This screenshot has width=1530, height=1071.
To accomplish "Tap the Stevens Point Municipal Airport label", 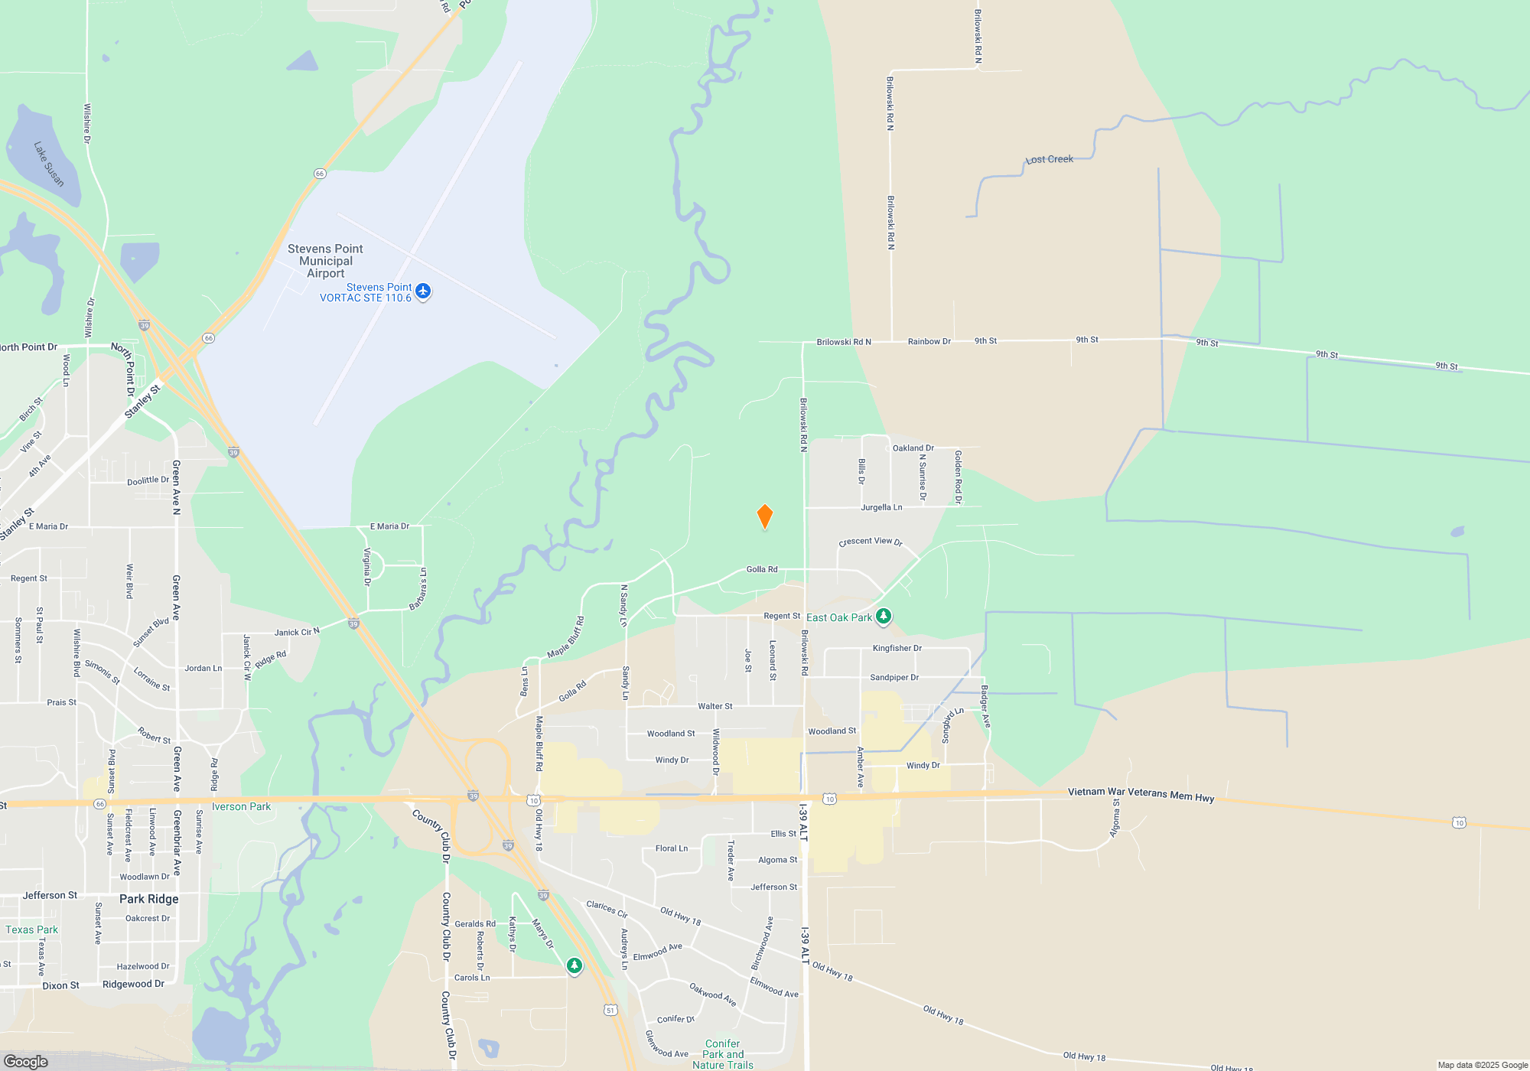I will click(325, 261).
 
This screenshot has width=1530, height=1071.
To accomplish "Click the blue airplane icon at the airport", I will click(423, 291).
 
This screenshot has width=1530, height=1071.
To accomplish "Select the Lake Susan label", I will click(49, 164).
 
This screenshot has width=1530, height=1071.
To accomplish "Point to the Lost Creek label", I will click(1050, 159).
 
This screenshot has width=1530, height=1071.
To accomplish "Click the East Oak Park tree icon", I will click(884, 616).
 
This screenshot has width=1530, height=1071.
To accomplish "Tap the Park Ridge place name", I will click(148, 899).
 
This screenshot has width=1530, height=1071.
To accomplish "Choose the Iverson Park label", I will click(241, 806).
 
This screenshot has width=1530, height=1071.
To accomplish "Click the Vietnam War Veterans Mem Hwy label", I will click(1141, 794).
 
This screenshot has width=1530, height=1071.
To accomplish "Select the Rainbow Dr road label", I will click(929, 341).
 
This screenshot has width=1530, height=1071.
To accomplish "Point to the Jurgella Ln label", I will click(881, 507).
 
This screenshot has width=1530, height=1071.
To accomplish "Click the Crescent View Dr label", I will click(871, 542).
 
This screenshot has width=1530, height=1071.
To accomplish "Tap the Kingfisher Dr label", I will click(897, 648).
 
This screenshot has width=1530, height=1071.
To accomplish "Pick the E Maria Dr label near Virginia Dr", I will click(389, 526).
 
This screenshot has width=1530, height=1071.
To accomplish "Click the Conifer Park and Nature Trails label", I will click(723, 1053).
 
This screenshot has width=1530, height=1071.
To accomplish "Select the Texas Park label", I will click(31, 929).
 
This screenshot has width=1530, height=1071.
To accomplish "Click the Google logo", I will click(25, 1061).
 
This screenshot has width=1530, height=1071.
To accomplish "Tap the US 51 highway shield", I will click(610, 1010).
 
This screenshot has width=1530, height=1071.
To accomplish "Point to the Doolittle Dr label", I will click(148, 480).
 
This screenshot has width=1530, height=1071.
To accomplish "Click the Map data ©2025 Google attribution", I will click(1482, 1065).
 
